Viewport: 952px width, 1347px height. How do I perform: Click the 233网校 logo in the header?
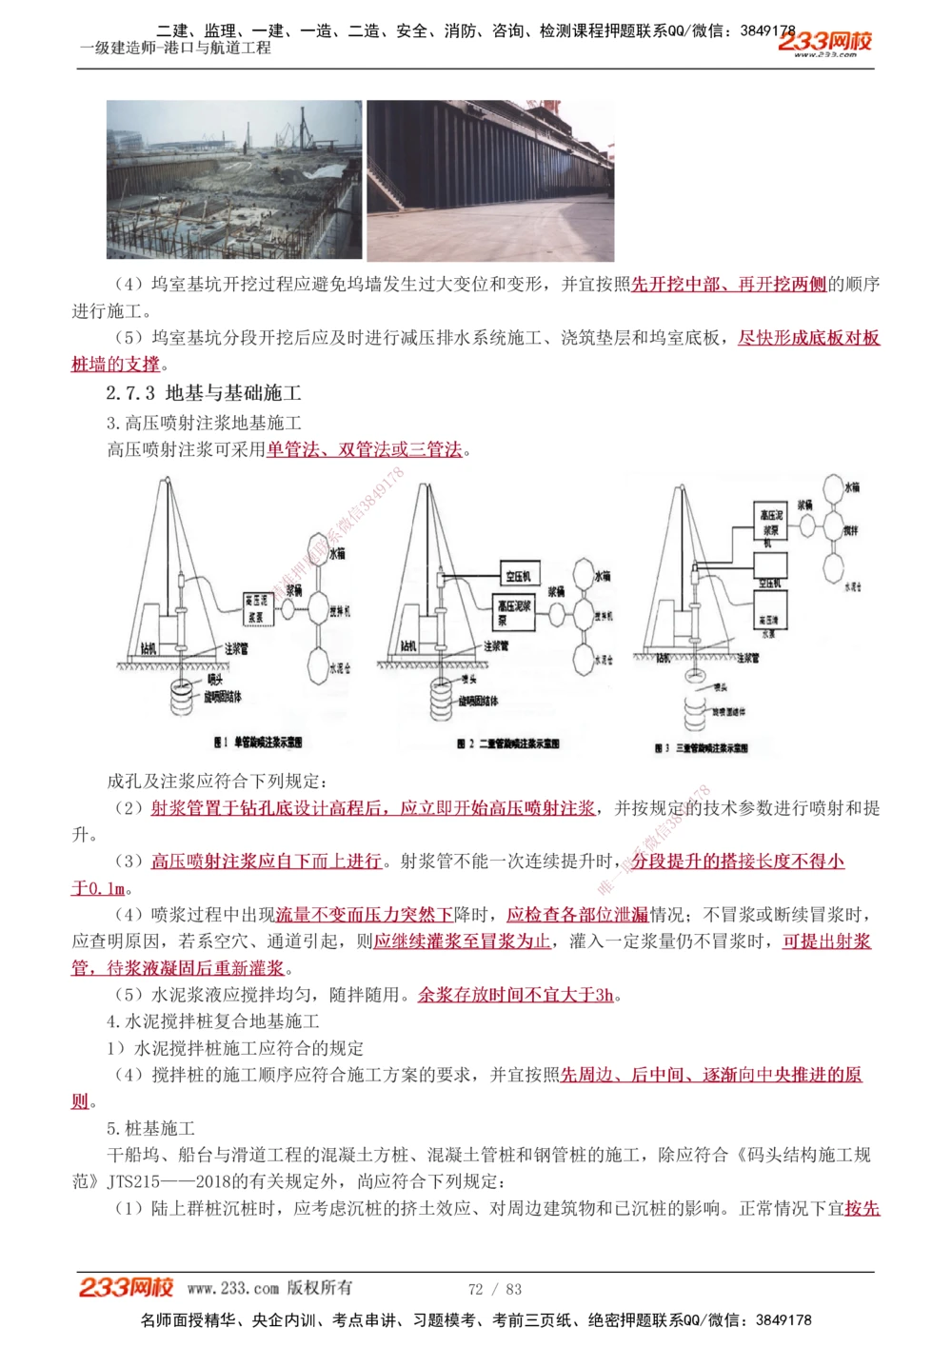pos(824,42)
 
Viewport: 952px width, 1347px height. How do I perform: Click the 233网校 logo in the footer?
pos(126,1287)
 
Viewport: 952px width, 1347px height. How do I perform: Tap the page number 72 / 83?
pos(495,1289)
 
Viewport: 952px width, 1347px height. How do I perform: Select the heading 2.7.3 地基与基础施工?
pos(204,392)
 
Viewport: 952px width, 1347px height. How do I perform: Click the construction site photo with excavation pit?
pos(233,180)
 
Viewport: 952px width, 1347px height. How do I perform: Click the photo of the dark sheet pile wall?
pos(490,180)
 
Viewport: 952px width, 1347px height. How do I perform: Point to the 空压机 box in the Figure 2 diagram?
pos(519,575)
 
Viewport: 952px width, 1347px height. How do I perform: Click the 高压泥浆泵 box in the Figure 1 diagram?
pos(255,607)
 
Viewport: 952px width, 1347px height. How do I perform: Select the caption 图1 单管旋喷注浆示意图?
pos(257,742)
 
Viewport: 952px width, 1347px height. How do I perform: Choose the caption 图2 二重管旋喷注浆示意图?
pos(507,743)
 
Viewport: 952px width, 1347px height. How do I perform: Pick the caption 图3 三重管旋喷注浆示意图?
pos(701,748)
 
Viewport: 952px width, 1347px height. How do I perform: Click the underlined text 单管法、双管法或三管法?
pos(365,449)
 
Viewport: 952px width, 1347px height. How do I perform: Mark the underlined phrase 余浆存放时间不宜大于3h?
pos(516,995)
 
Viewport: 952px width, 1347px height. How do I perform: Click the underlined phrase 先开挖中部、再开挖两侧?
pos(729,284)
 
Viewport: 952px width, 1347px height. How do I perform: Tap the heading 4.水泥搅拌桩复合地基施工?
pos(213,1021)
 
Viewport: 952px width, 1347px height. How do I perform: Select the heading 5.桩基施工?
pos(150,1128)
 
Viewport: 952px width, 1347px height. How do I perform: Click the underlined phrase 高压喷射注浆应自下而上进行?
pos(267,862)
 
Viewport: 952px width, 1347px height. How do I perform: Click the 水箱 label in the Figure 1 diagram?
pos(337,552)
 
